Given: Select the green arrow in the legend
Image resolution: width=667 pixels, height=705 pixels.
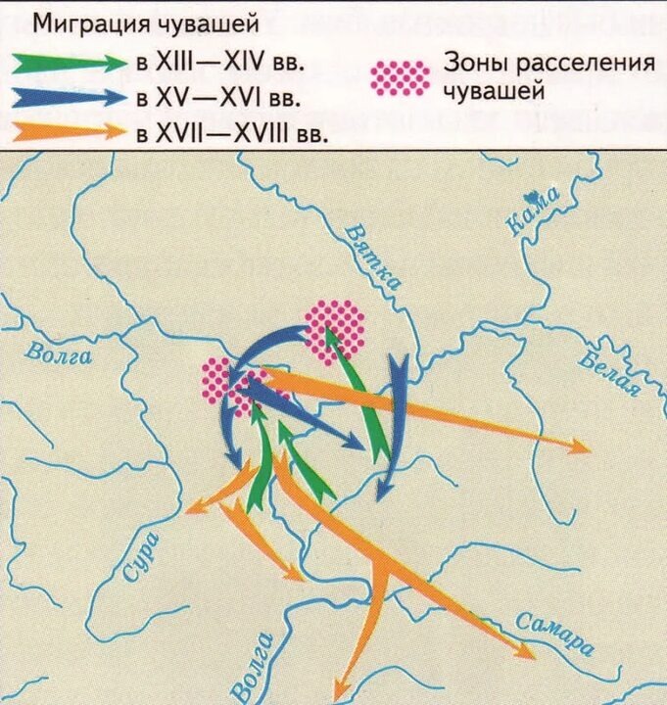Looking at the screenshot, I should (x=70, y=63).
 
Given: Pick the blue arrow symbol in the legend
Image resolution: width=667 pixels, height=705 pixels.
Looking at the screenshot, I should (x=70, y=97).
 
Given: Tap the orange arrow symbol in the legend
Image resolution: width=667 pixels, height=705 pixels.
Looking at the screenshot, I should (x=70, y=130).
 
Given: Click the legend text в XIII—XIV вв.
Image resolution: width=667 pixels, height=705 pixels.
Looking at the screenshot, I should (x=220, y=63).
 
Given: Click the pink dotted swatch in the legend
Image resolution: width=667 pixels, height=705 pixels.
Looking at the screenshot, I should (x=402, y=77).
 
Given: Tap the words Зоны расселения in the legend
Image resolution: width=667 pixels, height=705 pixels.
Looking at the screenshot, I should (x=548, y=64).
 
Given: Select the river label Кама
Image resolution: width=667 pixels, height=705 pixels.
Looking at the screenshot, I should (x=535, y=211).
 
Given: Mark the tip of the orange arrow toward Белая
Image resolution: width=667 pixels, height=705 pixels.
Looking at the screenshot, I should (x=587, y=449).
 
